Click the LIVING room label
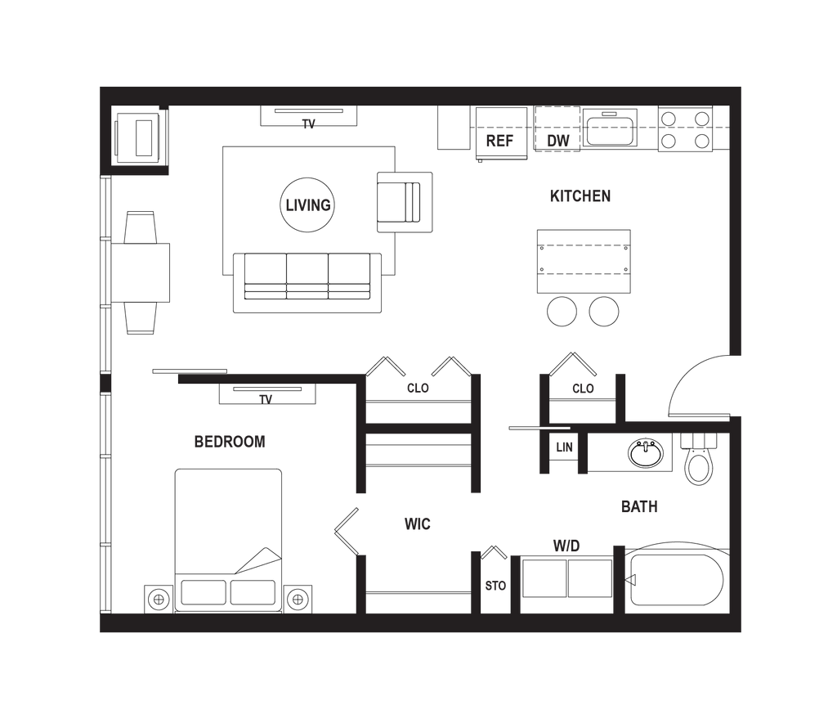(308, 205)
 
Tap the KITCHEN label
(580, 196)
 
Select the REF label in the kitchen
(499, 141)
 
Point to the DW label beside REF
(558, 141)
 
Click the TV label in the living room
(308, 125)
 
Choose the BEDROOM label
(231, 443)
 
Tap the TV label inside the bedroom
(265, 400)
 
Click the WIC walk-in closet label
(418, 524)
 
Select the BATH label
(639, 507)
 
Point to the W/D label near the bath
(566, 545)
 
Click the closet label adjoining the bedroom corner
(418, 389)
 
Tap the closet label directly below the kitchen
(583, 389)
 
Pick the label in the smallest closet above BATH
(564, 447)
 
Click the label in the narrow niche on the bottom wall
(496, 586)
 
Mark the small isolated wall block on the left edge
(105, 382)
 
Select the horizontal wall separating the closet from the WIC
(418, 428)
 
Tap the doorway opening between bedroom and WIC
(360, 524)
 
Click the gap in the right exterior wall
(736, 386)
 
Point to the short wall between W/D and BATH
(619, 579)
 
